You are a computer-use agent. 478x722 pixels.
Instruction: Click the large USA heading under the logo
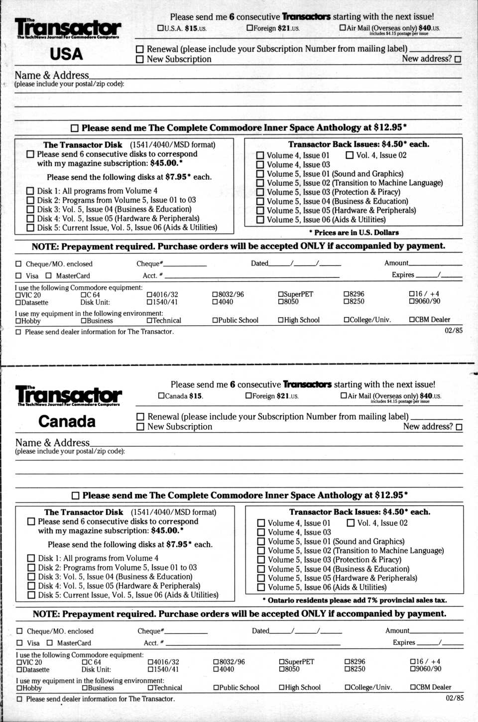tap(66, 54)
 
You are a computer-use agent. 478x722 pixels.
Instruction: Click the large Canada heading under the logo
tap(67, 421)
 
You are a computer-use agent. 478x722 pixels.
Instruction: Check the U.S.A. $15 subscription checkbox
tap(160, 28)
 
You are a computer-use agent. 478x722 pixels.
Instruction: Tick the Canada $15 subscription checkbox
tap(161, 396)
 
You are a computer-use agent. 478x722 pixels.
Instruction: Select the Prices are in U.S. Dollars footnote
tap(354, 233)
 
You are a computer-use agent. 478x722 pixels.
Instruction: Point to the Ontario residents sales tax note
tap(355, 600)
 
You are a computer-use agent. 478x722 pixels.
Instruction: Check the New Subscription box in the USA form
tap(140, 59)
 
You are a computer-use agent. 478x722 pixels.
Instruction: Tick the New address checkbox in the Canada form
tap(459, 427)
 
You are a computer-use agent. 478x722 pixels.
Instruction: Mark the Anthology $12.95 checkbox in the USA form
tap(75, 128)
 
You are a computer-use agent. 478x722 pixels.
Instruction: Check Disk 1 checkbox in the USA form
tap(30, 191)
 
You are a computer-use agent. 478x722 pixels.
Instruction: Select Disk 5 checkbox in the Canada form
tap(31, 595)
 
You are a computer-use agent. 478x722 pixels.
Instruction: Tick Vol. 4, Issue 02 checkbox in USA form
tap(350, 155)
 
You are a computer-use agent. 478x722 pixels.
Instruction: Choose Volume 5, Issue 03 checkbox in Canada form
tap(261, 560)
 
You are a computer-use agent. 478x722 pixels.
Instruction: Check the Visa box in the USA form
tap(18, 276)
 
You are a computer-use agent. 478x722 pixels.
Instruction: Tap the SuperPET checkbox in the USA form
tap(281, 294)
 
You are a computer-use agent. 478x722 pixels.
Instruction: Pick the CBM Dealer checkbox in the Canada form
tap(413, 687)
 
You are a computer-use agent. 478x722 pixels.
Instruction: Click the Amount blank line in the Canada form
tap(437, 632)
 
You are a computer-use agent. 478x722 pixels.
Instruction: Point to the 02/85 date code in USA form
tap(453, 330)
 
